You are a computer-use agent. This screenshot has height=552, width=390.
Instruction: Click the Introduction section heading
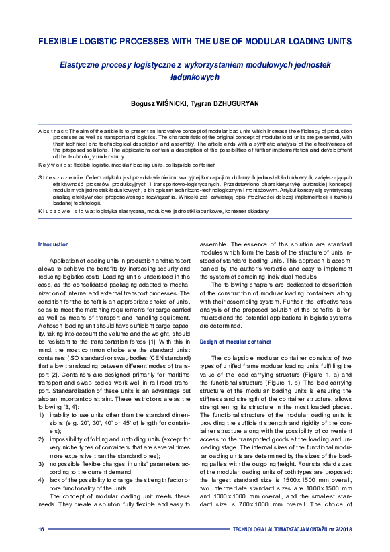click(53, 245)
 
